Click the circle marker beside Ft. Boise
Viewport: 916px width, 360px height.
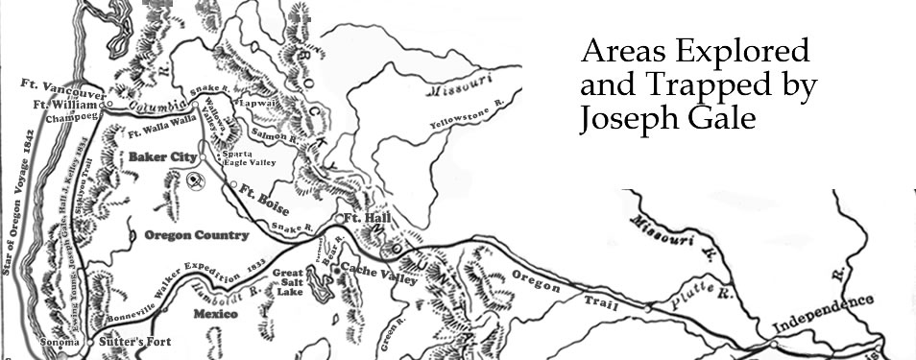(233, 183)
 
